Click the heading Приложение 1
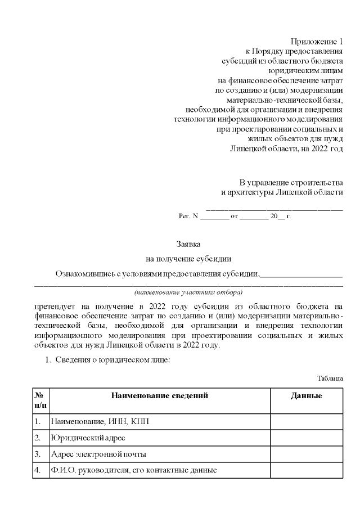tap(316, 42)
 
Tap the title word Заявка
tap(188, 244)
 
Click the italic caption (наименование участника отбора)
tap(188, 293)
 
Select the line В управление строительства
tap(291, 183)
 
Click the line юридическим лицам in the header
tap(305, 71)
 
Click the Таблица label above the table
tap(330, 379)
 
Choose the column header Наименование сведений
tap(160, 396)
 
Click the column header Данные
tap(306, 396)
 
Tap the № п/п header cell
tap(40, 400)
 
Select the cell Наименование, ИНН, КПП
tap(101, 421)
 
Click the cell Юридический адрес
tap(88, 438)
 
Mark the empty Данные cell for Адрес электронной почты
tap(306, 454)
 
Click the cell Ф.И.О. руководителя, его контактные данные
tap(134, 470)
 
